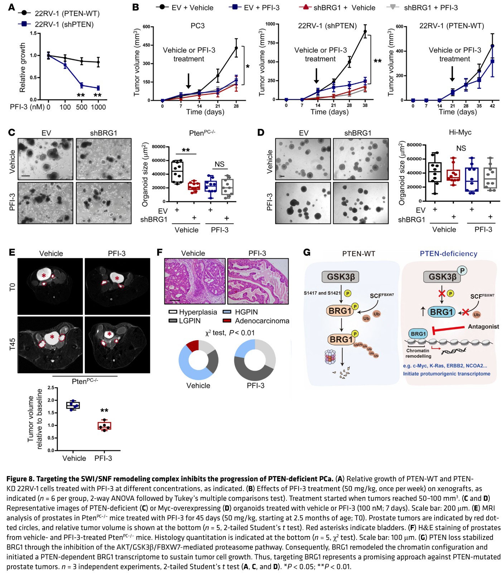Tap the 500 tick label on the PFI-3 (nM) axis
point(81,107)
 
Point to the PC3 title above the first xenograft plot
point(197,26)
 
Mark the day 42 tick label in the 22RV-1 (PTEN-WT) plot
point(492,106)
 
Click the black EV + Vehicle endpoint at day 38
point(365,32)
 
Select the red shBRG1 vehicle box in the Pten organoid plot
point(194,187)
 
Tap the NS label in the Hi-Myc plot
point(461,148)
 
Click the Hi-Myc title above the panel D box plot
point(460,133)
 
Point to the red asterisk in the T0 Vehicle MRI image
point(44,275)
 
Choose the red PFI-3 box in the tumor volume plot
point(105,425)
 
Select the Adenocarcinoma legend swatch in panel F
point(227,321)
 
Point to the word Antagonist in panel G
point(483,327)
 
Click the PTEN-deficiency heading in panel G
point(448,254)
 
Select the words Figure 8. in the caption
point(20,479)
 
